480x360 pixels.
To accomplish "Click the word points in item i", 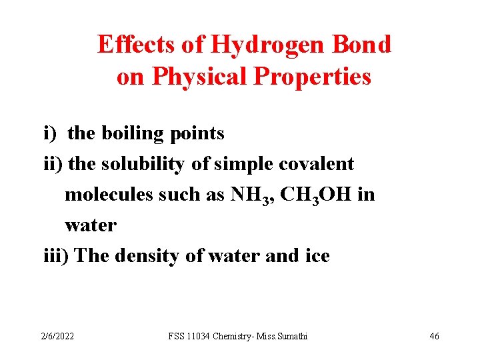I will [x=197, y=133].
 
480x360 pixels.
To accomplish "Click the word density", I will [x=147, y=255].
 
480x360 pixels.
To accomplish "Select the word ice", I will [x=317, y=255].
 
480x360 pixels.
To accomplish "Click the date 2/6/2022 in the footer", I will [x=56, y=336].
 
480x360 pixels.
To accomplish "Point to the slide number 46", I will [x=434, y=336].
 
